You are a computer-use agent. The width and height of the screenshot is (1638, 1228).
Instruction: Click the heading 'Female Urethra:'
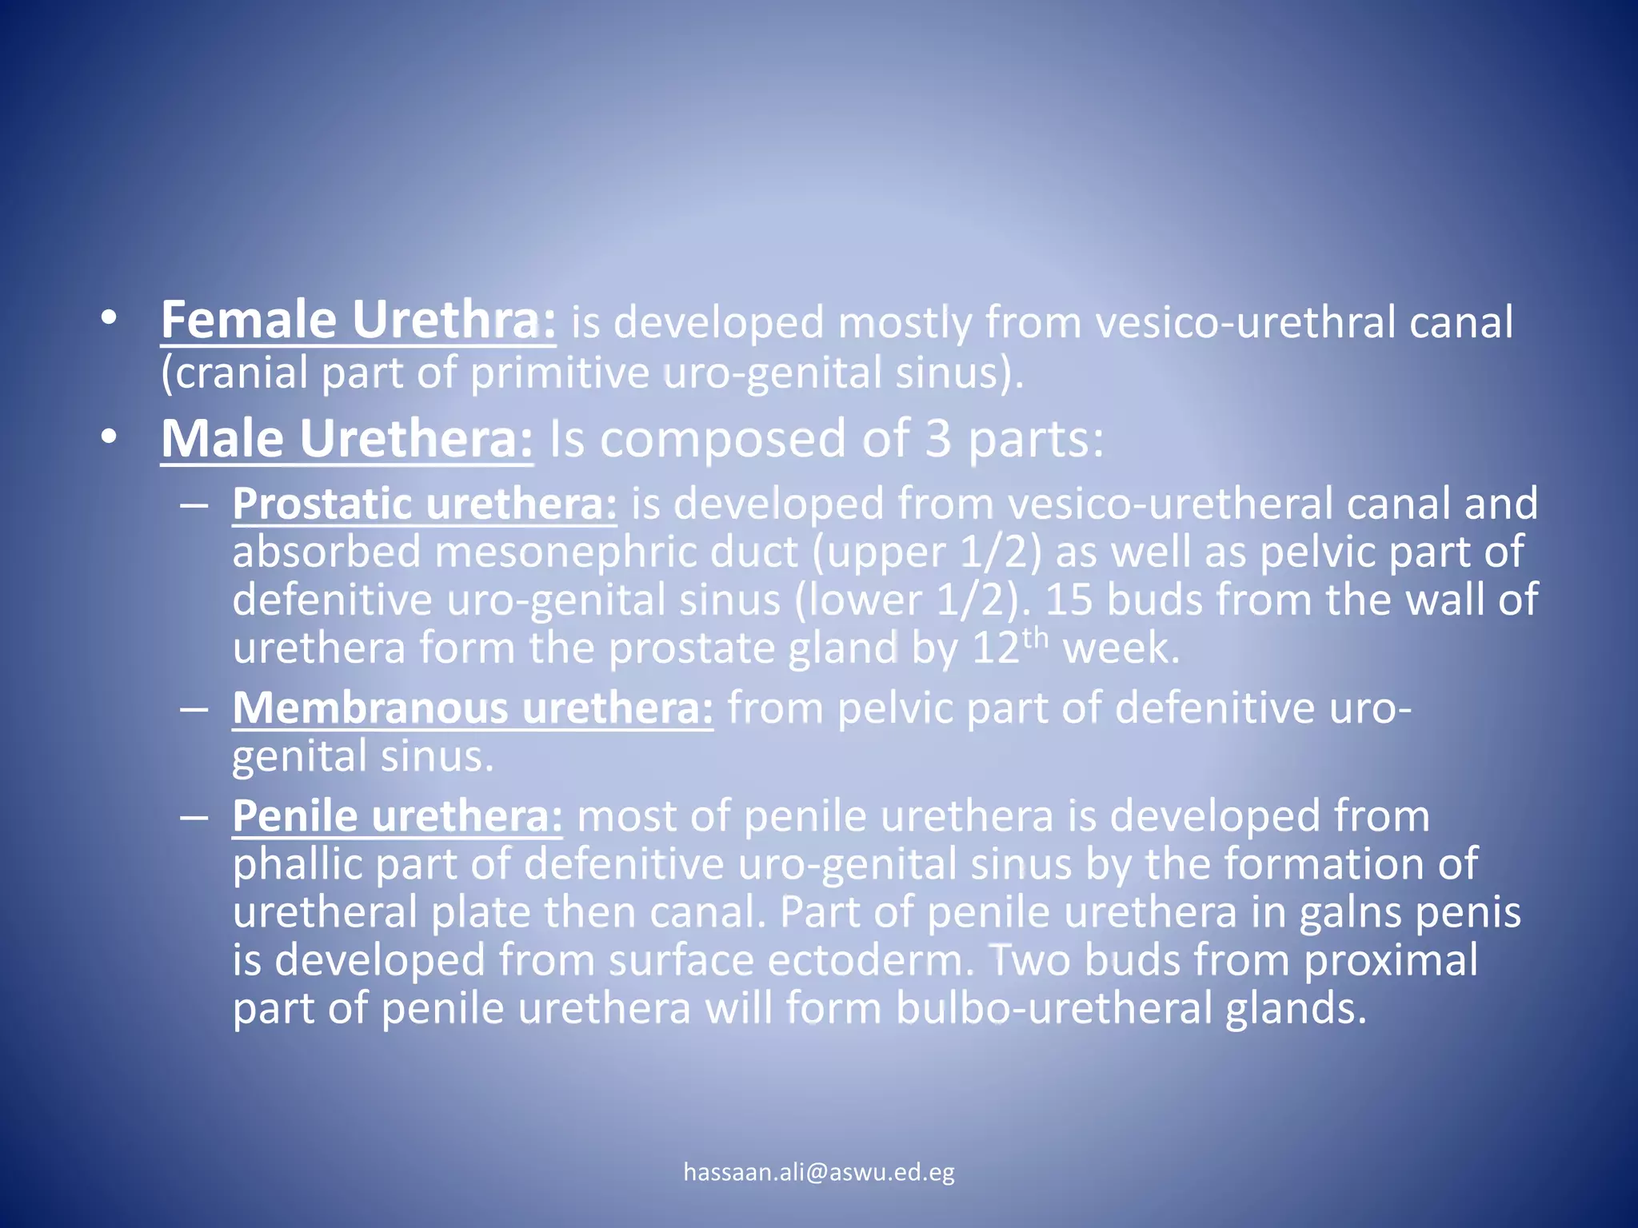tap(358, 321)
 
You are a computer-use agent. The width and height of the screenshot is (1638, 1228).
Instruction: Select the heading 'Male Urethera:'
tap(346, 439)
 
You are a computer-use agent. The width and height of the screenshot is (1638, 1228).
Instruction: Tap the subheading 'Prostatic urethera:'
tap(424, 504)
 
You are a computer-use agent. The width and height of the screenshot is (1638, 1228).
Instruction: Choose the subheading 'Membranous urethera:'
tap(472, 708)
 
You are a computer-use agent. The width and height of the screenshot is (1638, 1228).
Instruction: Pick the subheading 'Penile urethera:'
tap(397, 816)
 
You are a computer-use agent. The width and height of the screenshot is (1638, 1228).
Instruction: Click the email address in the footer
tap(819, 1172)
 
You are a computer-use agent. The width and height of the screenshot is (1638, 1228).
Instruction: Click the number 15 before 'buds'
tap(1069, 600)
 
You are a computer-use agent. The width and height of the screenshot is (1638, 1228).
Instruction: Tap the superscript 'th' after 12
tap(1035, 638)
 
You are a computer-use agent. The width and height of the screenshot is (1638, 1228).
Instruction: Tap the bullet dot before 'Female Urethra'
tap(109, 319)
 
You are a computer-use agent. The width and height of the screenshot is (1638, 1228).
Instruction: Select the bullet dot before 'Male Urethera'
tap(109, 437)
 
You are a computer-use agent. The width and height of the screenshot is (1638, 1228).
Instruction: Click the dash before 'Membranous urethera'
tap(194, 709)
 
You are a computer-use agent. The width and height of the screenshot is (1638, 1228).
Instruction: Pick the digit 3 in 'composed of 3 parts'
tap(938, 439)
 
